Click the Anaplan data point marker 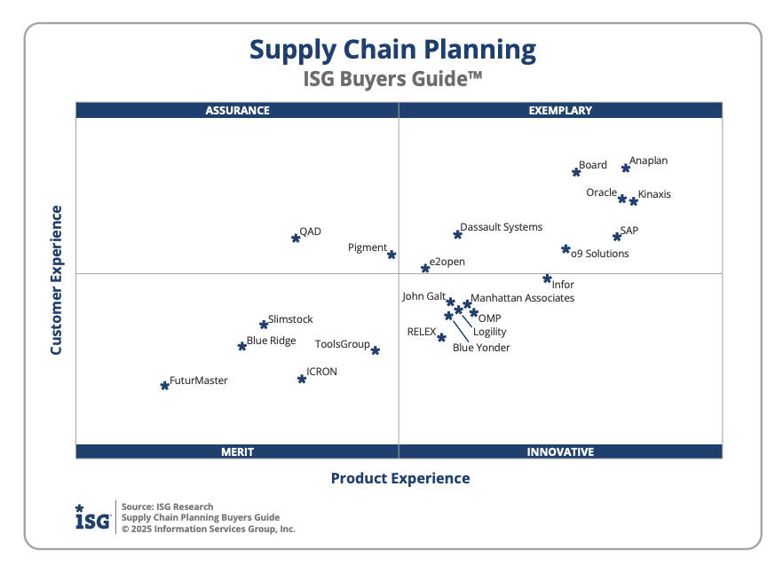coord(626,168)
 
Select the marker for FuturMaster coord(164,385)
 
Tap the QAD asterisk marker coord(296,238)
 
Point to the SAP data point coord(617,236)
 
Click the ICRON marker coord(302,379)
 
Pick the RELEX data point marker coord(441,337)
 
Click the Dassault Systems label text coord(501,227)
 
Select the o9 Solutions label coord(599,254)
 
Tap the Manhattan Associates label coord(522,298)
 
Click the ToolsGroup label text coord(342,344)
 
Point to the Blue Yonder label coord(481,348)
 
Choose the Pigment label coord(367,247)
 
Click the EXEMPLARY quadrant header coord(560,111)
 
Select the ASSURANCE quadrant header coord(237,111)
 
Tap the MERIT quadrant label coord(237,451)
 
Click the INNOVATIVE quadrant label coord(560,451)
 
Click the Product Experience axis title coord(400,478)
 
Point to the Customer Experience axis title coord(57,280)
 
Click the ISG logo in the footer coord(92,517)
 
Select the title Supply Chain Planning coord(392,49)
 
